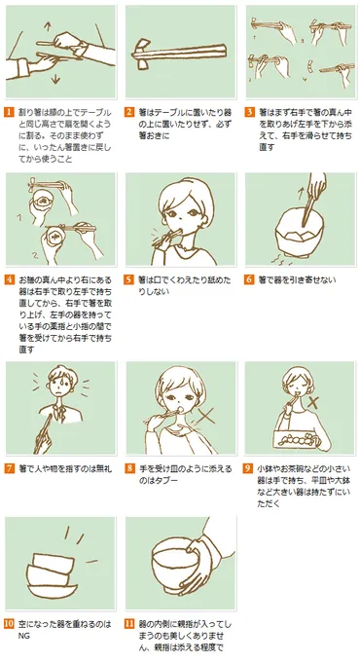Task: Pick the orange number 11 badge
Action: [x=130, y=622]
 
